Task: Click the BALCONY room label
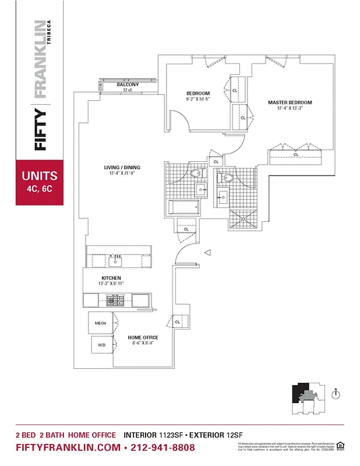click(x=127, y=84)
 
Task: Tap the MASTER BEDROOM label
click(x=290, y=103)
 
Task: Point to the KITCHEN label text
click(x=111, y=277)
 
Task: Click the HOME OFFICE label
click(x=143, y=337)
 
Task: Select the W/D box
click(x=101, y=345)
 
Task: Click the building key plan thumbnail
click(x=307, y=398)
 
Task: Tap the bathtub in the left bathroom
click(x=183, y=207)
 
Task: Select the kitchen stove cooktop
click(x=117, y=301)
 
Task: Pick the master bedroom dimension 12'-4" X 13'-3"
click(x=290, y=108)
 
